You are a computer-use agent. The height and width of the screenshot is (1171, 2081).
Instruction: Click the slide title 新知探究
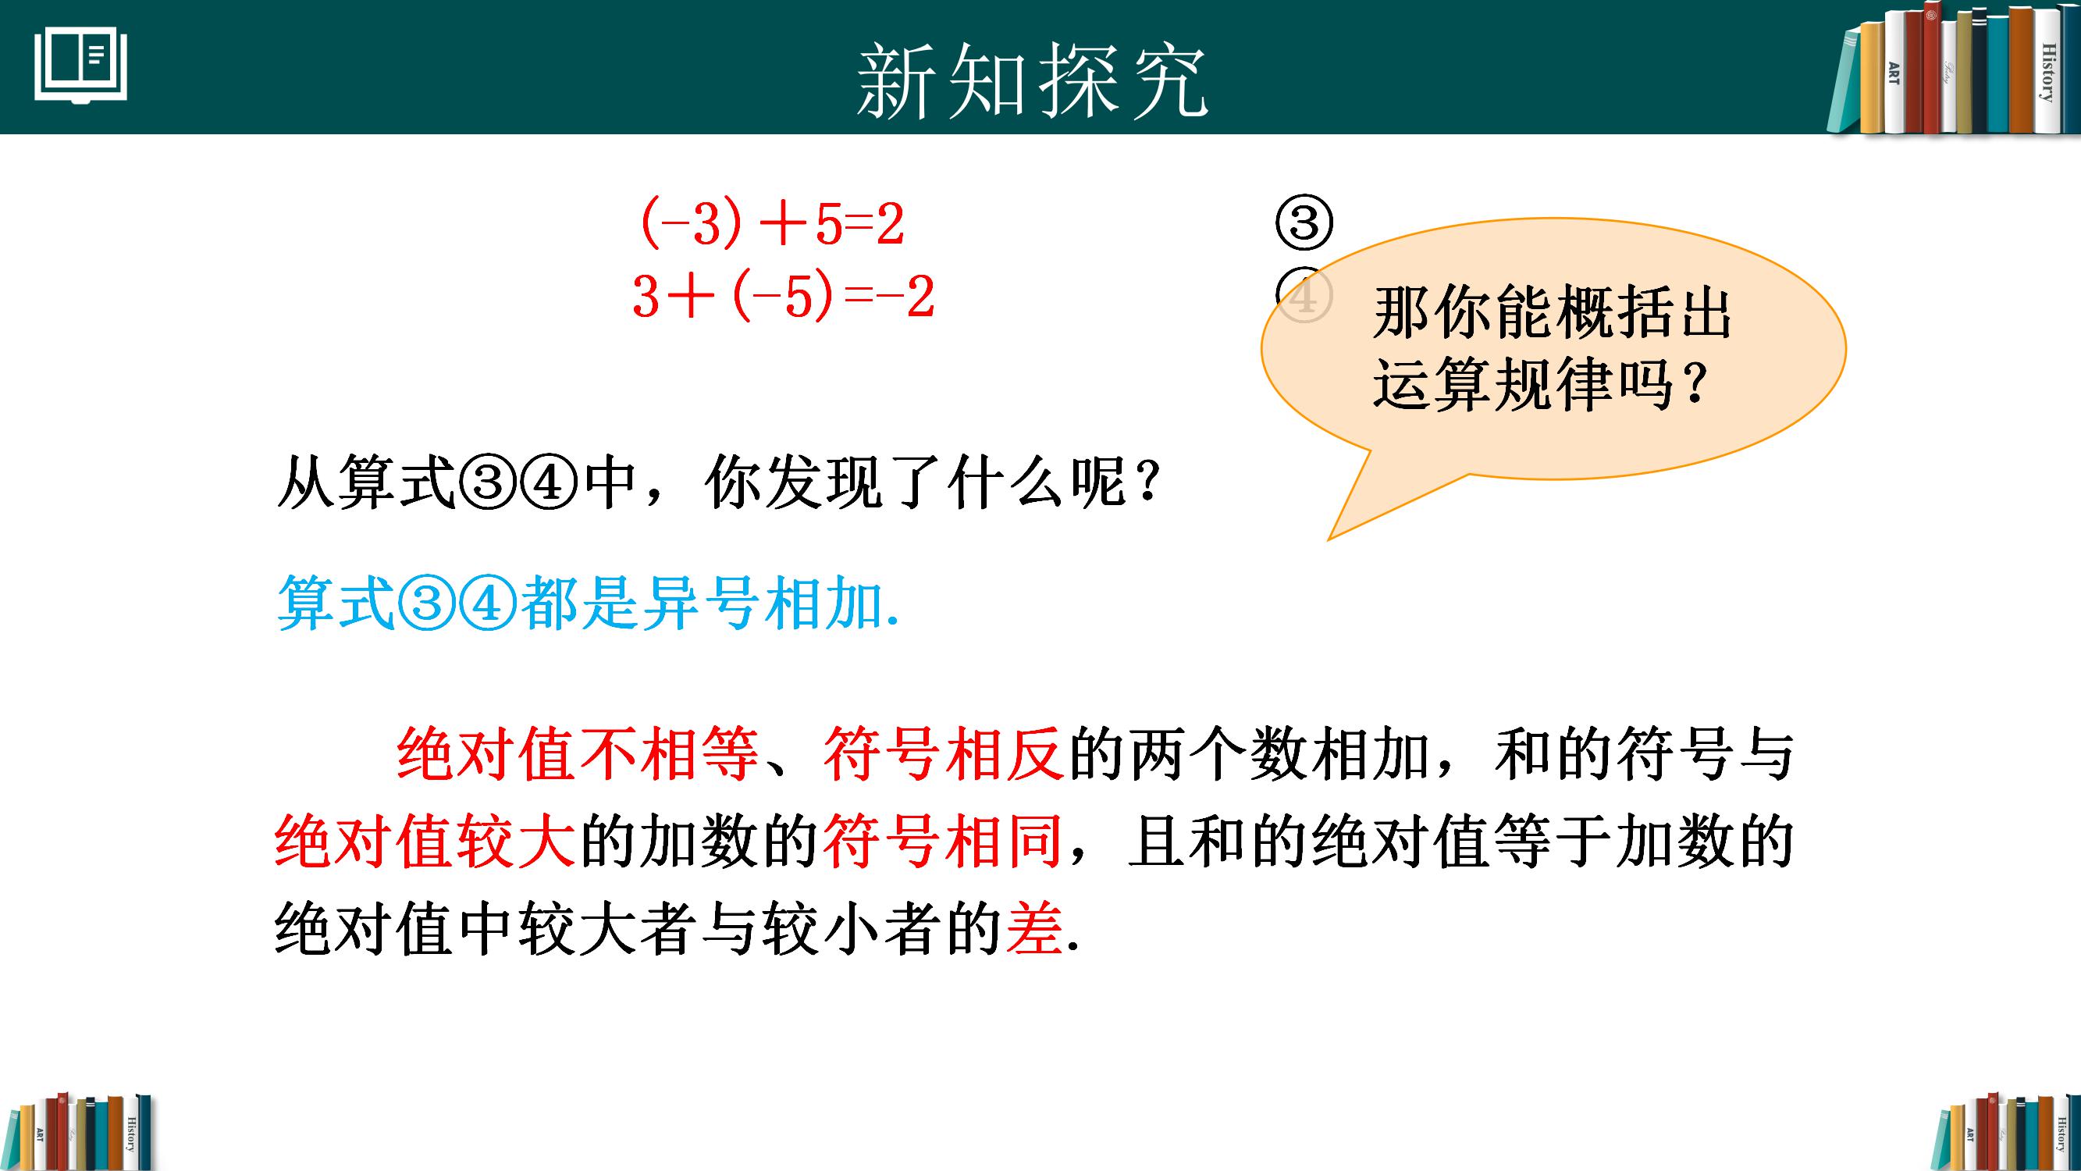point(1032,82)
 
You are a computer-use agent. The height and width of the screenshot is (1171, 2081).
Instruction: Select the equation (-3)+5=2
point(772,224)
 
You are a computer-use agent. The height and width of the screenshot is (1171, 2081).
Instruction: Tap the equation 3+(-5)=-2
point(783,297)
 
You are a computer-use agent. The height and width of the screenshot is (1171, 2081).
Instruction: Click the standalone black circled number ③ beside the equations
point(1303,224)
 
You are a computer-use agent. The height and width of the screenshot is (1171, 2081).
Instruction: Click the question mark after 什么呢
point(1148,483)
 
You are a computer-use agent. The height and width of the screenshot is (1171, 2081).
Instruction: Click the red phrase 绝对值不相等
point(578,754)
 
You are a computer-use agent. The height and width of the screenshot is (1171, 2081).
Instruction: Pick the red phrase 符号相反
point(943,754)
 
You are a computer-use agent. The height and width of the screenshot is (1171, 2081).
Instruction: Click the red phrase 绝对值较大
point(425,842)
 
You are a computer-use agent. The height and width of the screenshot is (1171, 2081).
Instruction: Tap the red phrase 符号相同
point(943,842)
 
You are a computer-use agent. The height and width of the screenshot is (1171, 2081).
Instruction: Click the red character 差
point(1035,928)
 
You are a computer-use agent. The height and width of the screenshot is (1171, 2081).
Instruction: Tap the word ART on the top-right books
point(1894,73)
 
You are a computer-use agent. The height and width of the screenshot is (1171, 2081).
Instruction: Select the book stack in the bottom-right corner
point(2005,1132)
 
